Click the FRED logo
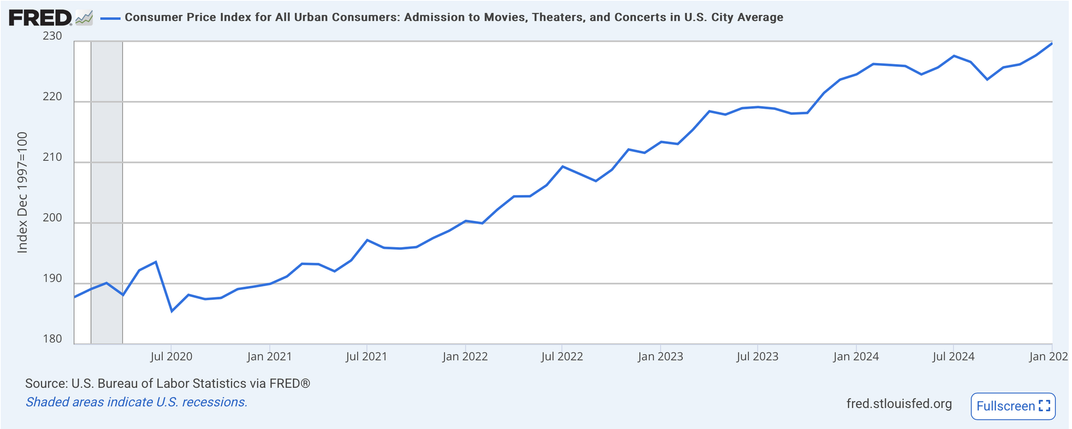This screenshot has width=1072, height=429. (x=41, y=18)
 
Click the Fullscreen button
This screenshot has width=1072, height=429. (x=1013, y=406)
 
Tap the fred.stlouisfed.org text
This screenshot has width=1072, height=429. (x=899, y=404)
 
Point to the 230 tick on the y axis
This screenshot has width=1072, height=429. (x=52, y=36)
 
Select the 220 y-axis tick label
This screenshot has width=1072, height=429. (x=52, y=97)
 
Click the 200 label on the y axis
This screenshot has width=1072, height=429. (x=52, y=218)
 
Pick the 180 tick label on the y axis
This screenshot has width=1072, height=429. (x=52, y=339)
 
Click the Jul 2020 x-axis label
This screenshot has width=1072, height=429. (x=171, y=356)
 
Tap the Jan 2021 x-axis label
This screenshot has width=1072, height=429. (x=269, y=356)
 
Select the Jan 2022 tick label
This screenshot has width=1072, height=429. (x=465, y=356)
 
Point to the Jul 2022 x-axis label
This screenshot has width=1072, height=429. (x=562, y=356)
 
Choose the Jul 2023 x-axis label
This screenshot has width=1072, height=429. (x=757, y=356)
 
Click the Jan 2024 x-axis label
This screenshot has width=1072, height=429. (x=856, y=356)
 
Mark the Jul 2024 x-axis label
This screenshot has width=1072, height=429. (x=953, y=356)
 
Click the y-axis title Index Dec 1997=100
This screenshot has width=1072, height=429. (x=22, y=192)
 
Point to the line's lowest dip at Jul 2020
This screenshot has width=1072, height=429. (x=171, y=311)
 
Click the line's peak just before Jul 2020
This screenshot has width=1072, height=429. (x=156, y=262)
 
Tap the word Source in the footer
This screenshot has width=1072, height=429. (x=45, y=384)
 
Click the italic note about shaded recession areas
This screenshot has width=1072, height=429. (x=136, y=402)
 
